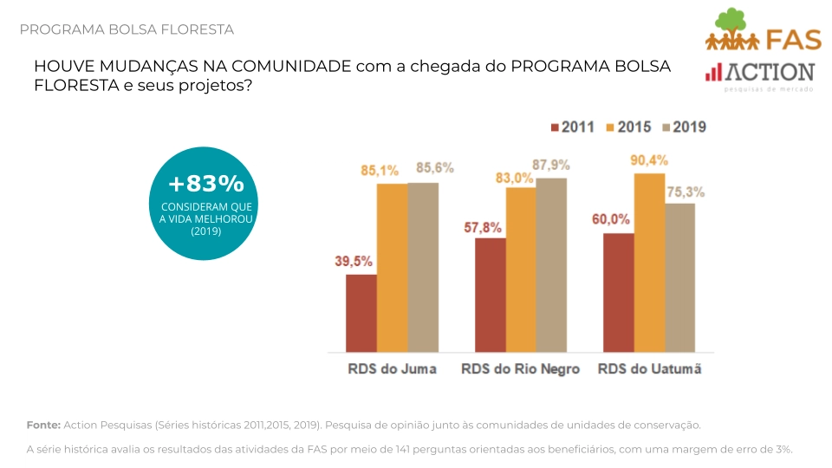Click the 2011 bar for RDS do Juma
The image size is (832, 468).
pos(361,313)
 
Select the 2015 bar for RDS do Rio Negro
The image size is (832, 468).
pos(521,270)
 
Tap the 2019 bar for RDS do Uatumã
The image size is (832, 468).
pos(679,277)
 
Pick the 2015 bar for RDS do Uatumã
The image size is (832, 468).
pos(649,263)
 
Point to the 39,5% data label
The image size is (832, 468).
pos(353,261)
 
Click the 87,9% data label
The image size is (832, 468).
pos(551,165)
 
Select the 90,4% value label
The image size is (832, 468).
pos(648,159)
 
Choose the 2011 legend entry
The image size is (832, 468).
pos(572,127)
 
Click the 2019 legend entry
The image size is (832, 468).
pos(684,127)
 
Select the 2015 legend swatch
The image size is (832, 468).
pos(610,127)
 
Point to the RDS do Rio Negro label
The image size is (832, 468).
pos(521,369)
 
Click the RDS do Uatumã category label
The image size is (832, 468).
pos(649,369)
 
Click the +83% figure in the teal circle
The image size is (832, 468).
pos(206,184)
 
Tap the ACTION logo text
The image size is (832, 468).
pos(770,73)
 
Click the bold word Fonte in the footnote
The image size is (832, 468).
pos(42,425)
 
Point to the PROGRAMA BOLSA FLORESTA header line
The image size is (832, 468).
pos(127,29)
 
